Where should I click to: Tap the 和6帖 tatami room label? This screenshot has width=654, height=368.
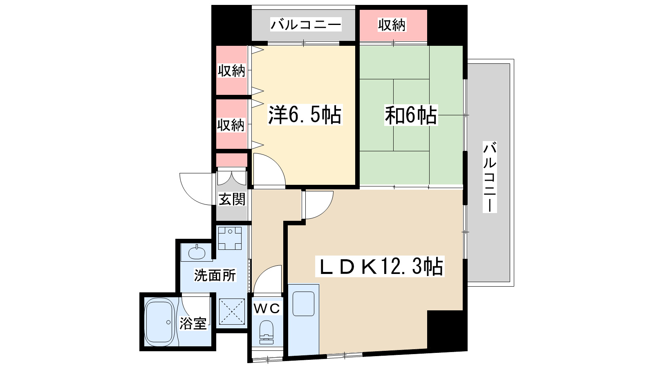coord(410,115)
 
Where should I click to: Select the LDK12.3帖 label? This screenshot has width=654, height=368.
coord(381,267)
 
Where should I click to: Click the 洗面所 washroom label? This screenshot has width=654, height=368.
coord(215,275)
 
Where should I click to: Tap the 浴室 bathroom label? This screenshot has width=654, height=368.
coord(193,323)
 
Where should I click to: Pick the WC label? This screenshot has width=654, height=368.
coord(267,308)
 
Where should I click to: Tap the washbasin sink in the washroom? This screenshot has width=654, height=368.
coord(197,252)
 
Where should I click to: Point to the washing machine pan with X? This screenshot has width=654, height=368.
coord(232,312)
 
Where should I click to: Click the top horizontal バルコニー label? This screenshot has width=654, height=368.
coord(306,25)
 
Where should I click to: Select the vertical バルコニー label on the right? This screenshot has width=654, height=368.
coord(490,177)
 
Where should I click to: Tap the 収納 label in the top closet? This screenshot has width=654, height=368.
coord(392,25)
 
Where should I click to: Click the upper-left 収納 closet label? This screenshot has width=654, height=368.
coord(231,71)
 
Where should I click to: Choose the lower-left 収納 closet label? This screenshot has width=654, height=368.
coord(231,125)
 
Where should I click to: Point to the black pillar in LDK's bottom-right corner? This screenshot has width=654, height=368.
coord(446,330)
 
